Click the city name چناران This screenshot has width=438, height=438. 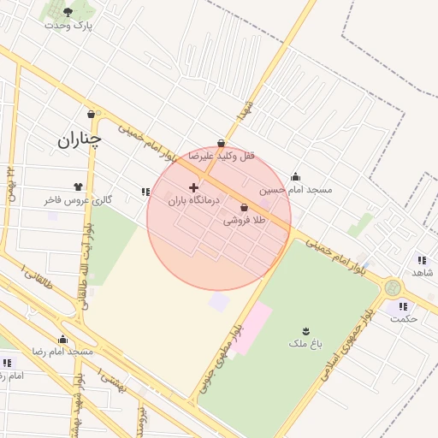80,139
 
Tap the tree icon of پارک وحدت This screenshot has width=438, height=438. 68,12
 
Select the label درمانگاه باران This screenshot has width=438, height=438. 193,200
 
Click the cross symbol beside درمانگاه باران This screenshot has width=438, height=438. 193,186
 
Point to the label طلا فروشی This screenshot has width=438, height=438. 245,220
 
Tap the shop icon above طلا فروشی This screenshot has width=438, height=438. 245,207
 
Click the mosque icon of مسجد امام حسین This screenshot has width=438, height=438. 296,176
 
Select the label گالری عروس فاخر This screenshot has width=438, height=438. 79,199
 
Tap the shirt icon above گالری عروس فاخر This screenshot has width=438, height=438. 79,186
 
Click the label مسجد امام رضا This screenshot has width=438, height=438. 62,352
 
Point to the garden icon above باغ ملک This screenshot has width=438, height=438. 305,330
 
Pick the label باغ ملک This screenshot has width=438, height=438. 305,343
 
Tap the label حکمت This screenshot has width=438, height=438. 403,318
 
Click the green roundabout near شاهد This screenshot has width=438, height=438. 393,287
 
